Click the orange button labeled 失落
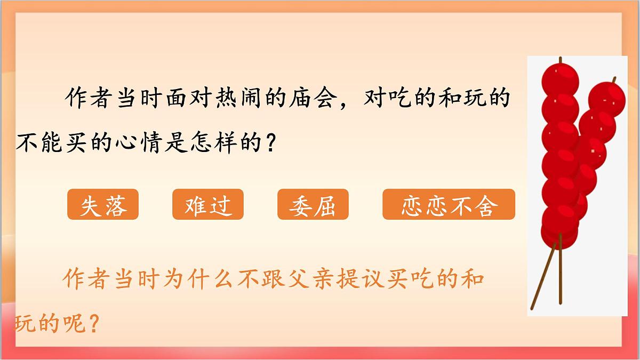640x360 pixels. click(103, 204)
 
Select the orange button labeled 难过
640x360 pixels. click(208, 204)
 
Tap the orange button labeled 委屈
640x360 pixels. click(313, 204)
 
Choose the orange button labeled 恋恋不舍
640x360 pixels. click(449, 204)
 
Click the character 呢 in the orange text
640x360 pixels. click(76, 323)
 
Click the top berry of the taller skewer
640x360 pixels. click(560, 78)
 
